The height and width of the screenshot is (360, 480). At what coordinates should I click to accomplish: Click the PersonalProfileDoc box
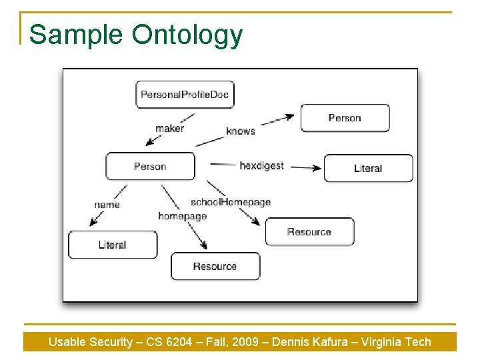tap(185, 95)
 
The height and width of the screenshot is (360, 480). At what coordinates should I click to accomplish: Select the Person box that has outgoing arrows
tap(150, 166)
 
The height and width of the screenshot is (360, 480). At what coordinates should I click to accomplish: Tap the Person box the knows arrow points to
tap(345, 118)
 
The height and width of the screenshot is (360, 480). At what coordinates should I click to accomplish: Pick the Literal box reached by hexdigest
tap(369, 168)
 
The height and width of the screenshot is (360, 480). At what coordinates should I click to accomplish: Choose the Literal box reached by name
tap(113, 245)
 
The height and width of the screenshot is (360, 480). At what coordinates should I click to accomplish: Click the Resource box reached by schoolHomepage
tap(310, 231)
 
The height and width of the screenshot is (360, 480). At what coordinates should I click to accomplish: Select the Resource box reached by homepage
tap(215, 266)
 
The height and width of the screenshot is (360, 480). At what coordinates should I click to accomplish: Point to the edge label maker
tap(169, 128)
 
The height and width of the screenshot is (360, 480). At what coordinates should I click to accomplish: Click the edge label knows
tap(241, 131)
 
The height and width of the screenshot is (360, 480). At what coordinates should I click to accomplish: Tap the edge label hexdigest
tap(262, 166)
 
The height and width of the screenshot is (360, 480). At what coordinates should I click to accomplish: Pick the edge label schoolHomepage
tap(231, 202)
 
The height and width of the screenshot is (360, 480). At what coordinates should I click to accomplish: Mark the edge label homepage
tap(183, 216)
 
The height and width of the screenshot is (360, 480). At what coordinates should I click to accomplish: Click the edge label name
tap(107, 205)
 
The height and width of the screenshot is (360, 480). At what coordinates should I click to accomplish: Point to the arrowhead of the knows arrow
tap(289, 117)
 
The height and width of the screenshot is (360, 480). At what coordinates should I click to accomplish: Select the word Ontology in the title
tap(187, 35)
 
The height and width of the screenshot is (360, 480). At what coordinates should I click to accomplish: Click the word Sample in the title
tap(76, 35)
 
